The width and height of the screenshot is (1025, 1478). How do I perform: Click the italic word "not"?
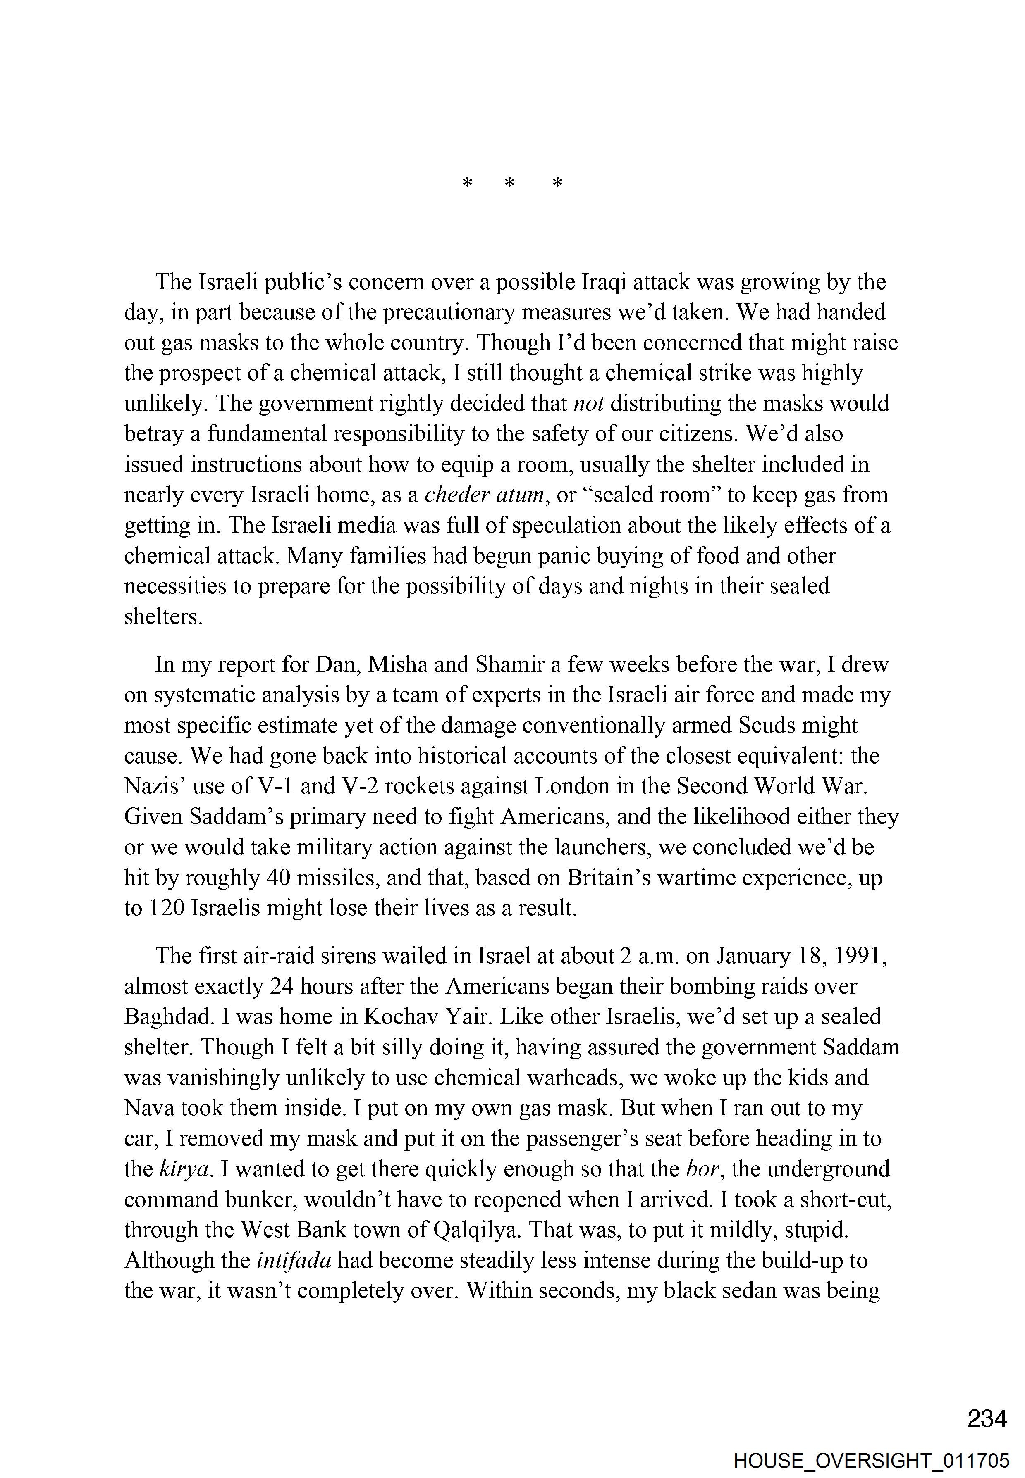tap(588, 404)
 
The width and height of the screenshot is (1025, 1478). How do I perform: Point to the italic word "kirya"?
tap(184, 1169)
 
